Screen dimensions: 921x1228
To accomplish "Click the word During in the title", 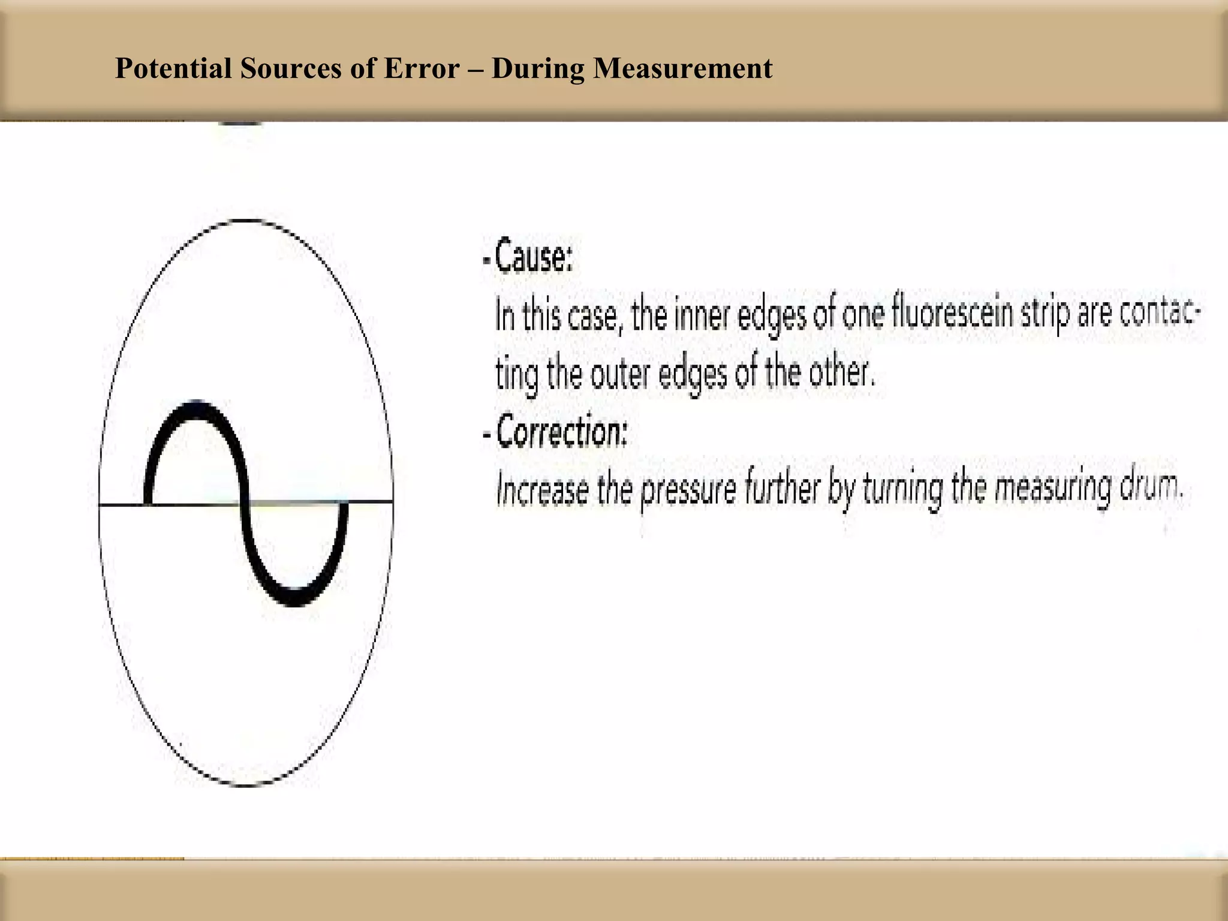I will point(537,68).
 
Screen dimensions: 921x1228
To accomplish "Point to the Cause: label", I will point(533,257).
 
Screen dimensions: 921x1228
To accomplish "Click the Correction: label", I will point(561,431).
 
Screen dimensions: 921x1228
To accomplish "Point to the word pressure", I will point(688,490).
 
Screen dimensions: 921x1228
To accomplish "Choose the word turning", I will point(902,490).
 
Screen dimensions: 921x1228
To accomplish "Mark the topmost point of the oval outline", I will point(246,221).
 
